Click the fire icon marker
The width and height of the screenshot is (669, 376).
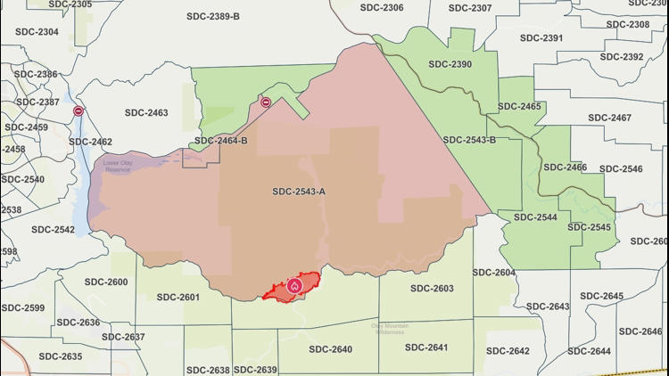(x=294, y=286)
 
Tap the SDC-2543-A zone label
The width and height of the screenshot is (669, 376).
(x=299, y=192)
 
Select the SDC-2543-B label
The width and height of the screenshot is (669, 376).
(x=469, y=140)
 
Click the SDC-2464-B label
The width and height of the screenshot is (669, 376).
(x=221, y=141)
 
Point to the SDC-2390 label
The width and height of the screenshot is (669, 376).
(x=450, y=64)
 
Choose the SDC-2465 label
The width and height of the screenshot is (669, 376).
(x=519, y=107)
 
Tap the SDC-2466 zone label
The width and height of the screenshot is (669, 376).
(x=565, y=168)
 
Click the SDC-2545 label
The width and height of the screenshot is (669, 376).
(x=589, y=227)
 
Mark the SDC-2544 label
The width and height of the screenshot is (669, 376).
(x=535, y=217)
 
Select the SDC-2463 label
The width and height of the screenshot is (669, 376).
(x=146, y=113)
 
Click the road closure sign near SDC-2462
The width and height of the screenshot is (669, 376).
(x=79, y=111)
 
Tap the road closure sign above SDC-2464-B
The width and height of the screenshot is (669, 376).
(x=266, y=102)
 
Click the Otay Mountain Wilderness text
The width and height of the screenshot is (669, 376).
(x=390, y=329)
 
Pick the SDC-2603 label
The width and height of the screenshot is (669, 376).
(x=432, y=289)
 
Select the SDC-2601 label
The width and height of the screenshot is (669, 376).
(x=177, y=298)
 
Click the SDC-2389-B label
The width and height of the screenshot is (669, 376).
(x=213, y=17)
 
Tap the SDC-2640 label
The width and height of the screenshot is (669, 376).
(x=329, y=349)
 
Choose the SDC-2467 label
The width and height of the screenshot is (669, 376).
(x=609, y=119)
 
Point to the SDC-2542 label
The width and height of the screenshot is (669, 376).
(x=54, y=230)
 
